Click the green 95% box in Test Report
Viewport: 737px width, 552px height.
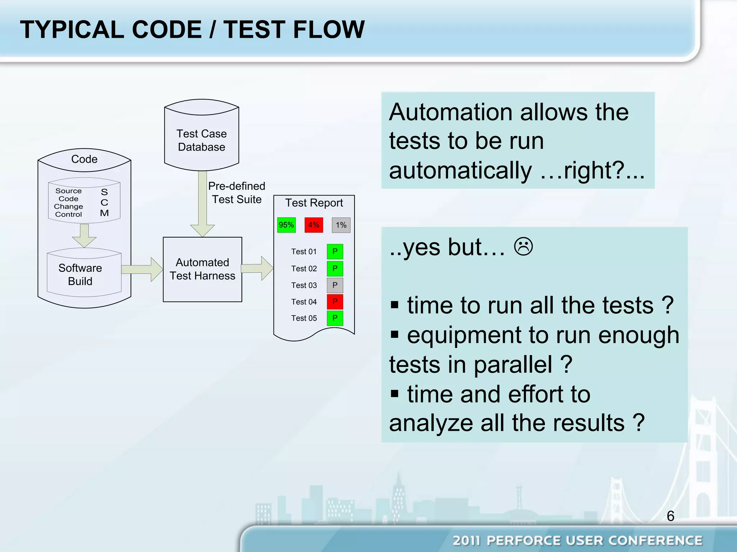(286, 225)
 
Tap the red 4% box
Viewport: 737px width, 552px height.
(314, 225)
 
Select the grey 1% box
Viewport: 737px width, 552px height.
(341, 225)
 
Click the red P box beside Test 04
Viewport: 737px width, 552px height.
(335, 302)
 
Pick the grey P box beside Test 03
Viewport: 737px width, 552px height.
(335, 285)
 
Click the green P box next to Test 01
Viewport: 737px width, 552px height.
(335, 252)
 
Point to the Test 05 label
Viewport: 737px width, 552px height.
(304, 318)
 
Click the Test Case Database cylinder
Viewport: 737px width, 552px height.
(202, 140)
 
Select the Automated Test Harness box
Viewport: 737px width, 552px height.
(202, 269)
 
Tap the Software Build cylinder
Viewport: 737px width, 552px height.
(80, 275)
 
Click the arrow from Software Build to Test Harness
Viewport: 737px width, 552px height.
(143, 269)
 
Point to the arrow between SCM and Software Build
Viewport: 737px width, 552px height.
(84, 235)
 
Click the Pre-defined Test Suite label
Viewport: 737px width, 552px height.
(236, 193)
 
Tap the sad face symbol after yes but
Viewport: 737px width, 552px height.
(523, 247)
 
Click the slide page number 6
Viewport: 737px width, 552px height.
(670, 516)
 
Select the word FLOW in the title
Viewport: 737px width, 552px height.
(329, 29)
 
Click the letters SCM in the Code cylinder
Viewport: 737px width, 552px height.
(104, 202)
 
